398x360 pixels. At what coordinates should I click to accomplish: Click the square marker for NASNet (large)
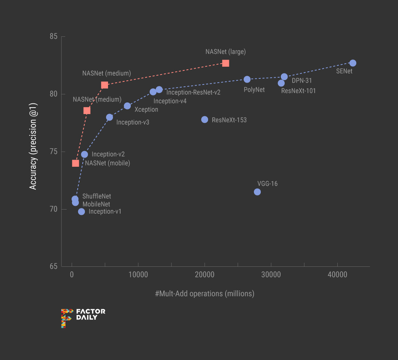(x=226, y=63)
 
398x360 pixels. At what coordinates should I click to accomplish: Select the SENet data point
(x=353, y=63)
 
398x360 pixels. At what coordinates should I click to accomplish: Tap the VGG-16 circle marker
(x=257, y=192)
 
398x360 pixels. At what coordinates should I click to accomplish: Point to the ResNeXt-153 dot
(x=205, y=119)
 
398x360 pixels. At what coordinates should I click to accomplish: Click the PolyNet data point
(x=247, y=79)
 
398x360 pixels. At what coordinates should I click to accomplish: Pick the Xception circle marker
(x=127, y=106)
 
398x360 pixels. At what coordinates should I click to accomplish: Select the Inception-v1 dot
(x=81, y=211)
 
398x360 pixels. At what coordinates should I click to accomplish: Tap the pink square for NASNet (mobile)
(x=75, y=163)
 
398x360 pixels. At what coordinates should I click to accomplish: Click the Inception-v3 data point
(x=110, y=117)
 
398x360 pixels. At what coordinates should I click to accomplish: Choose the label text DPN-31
(x=302, y=81)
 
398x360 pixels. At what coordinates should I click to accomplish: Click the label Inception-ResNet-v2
(x=193, y=92)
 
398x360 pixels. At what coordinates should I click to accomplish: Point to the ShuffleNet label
(x=97, y=196)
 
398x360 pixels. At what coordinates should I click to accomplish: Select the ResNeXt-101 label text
(x=298, y=91)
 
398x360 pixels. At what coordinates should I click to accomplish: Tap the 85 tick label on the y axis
(x=53, y=37)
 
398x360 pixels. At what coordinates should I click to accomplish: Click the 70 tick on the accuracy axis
(x=53, y=209)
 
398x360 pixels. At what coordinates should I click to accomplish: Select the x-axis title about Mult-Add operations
(x=205, y=294)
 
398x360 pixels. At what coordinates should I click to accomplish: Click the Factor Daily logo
(x=83, y=318)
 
